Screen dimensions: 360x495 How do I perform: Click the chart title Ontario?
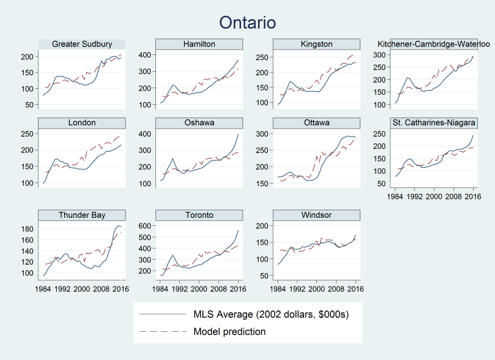tap(248, 22)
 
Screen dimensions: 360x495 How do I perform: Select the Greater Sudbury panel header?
tap(81, 44)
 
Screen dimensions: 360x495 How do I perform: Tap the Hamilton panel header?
tap(199, 44)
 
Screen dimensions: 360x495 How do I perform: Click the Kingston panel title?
tap(317, 44)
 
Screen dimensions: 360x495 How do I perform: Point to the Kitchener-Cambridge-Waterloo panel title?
tap(434, 44)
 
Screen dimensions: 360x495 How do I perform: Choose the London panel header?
tap(81, 122)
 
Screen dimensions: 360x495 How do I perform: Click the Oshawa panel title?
tap(199, 122)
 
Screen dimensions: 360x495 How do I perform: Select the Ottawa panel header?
tap(317, 122)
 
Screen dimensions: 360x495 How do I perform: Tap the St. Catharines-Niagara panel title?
tap(434, 122)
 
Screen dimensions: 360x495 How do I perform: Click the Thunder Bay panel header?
tap(81, 215)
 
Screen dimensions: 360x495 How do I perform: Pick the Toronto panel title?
tap(199, 215)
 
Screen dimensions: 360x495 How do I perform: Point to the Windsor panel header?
tap(317, 215)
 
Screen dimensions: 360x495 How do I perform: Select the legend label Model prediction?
tap(229, 331)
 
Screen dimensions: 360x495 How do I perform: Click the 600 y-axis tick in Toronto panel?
tap(147, 226)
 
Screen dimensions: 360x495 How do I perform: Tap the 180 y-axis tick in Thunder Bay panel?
tap(29, 229)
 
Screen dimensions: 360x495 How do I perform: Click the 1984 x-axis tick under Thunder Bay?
tap(43, 288)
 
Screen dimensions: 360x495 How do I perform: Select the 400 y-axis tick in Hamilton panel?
tap(147, 55)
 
